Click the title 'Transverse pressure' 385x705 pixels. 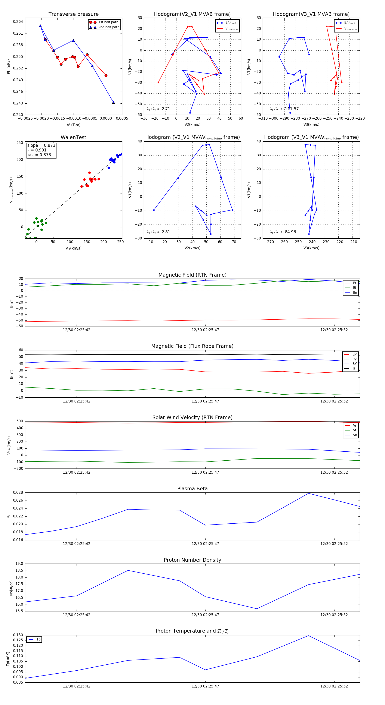[x=73, y=14]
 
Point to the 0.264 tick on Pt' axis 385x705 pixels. [x=18, y=22]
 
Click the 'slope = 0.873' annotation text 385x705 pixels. [x=41, y=145]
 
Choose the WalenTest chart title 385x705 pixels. [x=73, y=137]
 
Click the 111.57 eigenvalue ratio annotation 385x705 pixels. [x=292, y=109]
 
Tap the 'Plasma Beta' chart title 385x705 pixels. [x=192, y=489]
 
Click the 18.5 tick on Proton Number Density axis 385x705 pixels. [x=19, y=571]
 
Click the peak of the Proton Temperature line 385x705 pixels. [x=309, y=636]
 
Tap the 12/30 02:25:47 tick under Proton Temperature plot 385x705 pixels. [x=205, y=686]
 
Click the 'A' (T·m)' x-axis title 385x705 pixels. [x=73, y=125]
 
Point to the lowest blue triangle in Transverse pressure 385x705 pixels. [x=113, y=102]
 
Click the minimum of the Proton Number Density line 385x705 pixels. [x=257, y=609]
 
